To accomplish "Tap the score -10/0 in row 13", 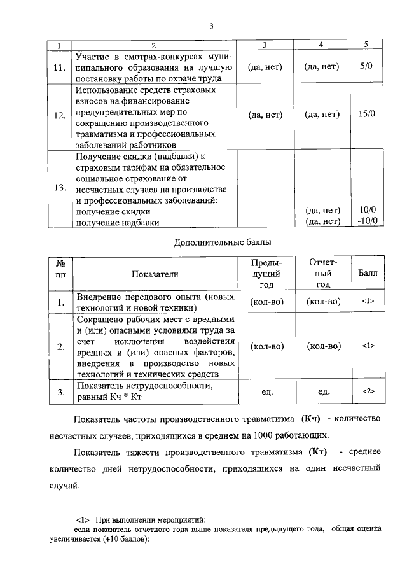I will [368, 221].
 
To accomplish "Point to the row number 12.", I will [60, 116].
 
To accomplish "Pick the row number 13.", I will [60, 188].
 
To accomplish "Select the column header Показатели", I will [155, 274].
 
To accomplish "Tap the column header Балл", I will [367, 274].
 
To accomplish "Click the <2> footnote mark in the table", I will [367, 391].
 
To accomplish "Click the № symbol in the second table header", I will [61, 263].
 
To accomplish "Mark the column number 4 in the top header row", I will [321, 45].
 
